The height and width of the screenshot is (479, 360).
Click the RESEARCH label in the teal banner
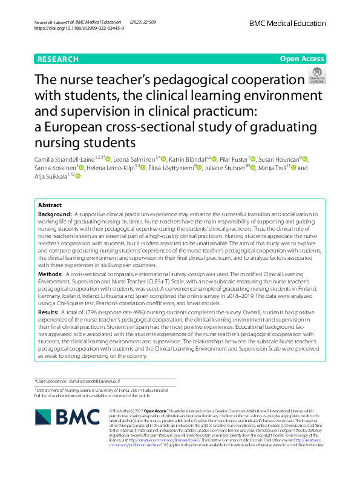pos(58,59)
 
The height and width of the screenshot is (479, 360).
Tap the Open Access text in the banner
pos(303,59)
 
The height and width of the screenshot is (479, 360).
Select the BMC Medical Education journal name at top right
pos(287,22)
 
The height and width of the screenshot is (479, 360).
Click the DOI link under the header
pos(79,28)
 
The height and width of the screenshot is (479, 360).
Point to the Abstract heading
pos(50,205)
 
